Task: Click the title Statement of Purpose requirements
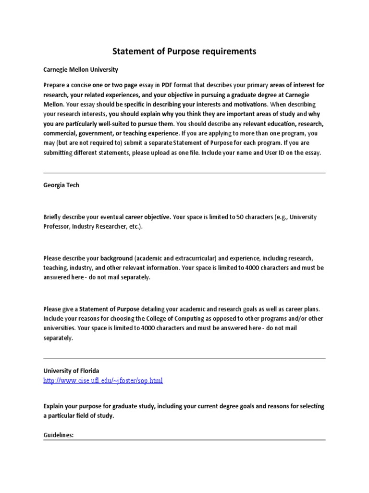click(x=184, y=51)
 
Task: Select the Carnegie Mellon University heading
click(x=80, y=69)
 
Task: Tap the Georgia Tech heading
click(x=61, y=185)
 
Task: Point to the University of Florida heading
click(x=71, y=371)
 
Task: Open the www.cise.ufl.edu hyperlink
click(x=103, y=380)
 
